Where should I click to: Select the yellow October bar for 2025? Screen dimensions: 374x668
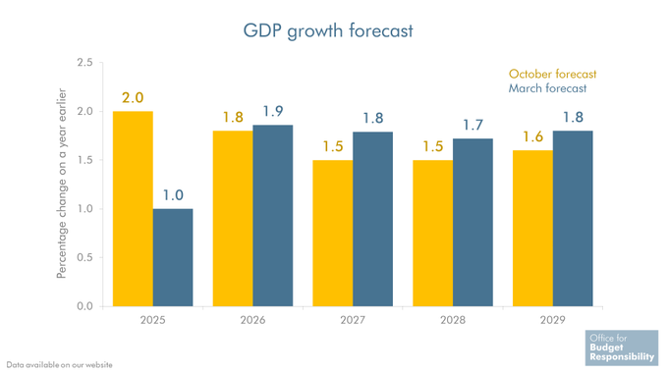(x=133, y=208)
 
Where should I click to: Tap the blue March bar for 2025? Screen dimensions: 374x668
(x=173, y=257)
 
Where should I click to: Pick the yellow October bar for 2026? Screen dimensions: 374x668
(x=232, y=218)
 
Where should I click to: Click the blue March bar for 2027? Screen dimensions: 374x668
(x=372, y=219)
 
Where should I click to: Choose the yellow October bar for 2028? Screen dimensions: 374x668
(x=432, y=233)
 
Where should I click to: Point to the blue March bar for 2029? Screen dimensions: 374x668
(x=573, y=218)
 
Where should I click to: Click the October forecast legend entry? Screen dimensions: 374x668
(x=552, y=74)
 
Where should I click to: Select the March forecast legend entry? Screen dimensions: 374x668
(x=548, y=89)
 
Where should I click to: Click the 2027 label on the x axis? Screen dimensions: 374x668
(x=353, y=320)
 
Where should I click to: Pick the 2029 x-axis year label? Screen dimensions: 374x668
(x=552, y=320)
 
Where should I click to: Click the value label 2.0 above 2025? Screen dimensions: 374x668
(x=133, y=98)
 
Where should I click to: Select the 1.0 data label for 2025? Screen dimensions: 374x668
(x=173, y=195)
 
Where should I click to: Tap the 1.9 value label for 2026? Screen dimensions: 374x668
(x=273, y=111)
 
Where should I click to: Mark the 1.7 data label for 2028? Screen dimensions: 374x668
(x=473, y=125)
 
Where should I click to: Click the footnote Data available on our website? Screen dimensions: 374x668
(x=60, y=365)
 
